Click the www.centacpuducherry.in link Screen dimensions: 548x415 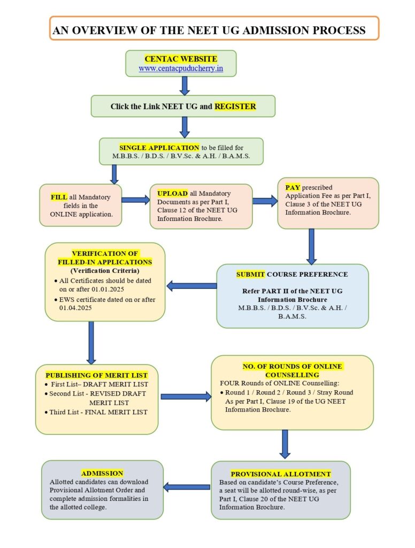[x=181, y=68]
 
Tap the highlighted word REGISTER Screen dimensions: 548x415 [x=235, y=106]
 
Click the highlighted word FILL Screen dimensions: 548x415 [x=59, y=197]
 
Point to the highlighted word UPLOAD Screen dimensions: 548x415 [x=172, y=193]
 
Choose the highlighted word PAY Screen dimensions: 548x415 [x=293, y=188]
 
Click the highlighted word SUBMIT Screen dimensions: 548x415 [x=250, y=274]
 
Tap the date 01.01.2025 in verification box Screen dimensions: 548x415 [x=118, y=290]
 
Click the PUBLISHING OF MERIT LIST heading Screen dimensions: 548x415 [x=96, y=375]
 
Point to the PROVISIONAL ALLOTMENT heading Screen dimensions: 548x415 [x=281, y=474]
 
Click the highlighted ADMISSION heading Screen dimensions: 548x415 [x=102, y=473]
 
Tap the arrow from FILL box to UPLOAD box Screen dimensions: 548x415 [x=136, y=200]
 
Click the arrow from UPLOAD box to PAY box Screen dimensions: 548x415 [x=265, y=201]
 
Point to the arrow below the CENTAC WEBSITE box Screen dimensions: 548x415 [x=185, y=85]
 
